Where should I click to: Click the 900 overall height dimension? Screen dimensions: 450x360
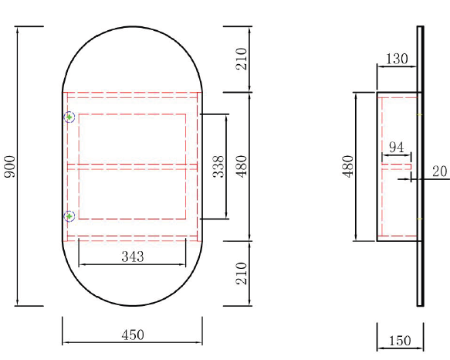tap(10, 166)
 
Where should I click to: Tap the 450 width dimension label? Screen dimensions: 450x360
tap(133, 335)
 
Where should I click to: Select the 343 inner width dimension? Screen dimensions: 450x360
tap(133, 256)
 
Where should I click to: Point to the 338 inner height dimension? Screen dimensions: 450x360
tap(218, 166)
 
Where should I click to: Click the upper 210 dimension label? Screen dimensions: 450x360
tap(242, 59)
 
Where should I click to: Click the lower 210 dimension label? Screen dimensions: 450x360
tap(242, 273)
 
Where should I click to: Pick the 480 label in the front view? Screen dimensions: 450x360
tap(242, 166)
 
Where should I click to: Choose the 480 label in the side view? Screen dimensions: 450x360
tap(347, 166)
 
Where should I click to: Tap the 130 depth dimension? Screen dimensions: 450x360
tap(397, 59)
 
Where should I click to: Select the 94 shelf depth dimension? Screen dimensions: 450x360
tap(397, 148)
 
